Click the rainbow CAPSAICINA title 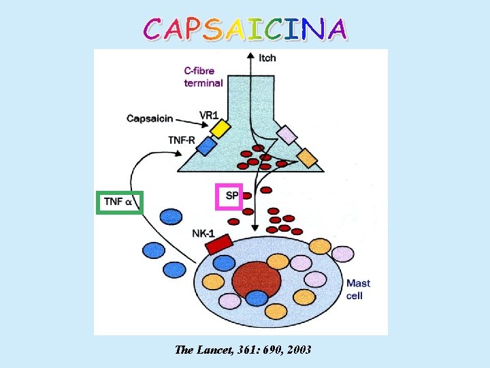coord(245,29)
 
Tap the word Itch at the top coord(267,58)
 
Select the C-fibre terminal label coord(203,77)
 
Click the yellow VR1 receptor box coord(220,128)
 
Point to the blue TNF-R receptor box coord(206,146)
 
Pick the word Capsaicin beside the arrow coord(150,119)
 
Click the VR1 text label coord(209,115)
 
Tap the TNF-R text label coord(182,140)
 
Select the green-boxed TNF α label coord(120,202)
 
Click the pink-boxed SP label coord(229,196)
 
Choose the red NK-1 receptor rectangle coord(219,244)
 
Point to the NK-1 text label coord(203,234)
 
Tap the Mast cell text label coord(358,290)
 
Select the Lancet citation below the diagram coord(243,350)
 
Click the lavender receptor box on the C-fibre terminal coord(287,134)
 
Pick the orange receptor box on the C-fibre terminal coord(307,158)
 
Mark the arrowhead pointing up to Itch coord(250,55)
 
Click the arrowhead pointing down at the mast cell coord(255,228)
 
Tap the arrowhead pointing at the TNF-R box coord(179,153)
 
